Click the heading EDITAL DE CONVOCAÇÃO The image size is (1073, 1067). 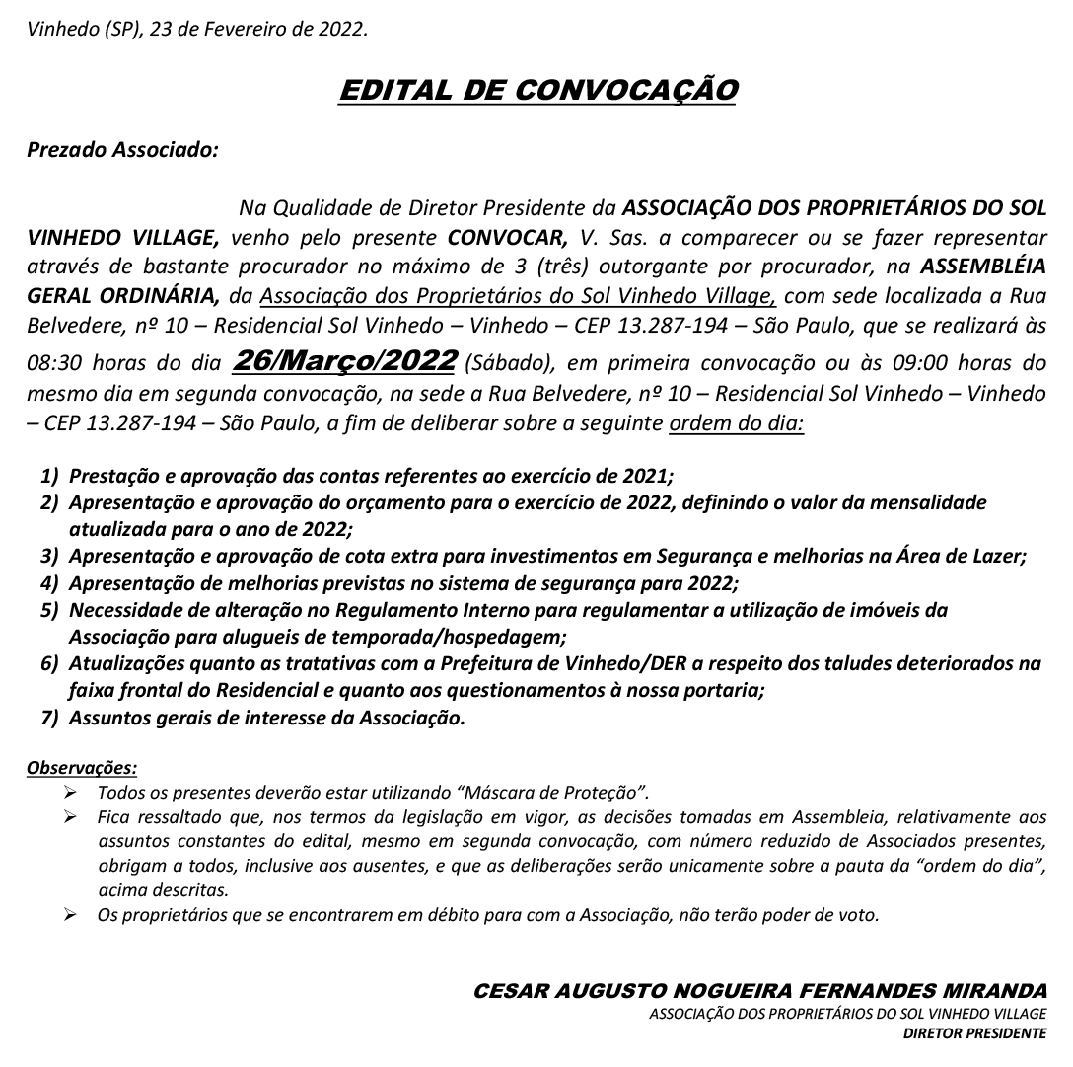tap(536, 90)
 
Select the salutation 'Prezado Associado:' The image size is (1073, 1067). tap(121, 152)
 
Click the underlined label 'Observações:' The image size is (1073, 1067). tap(82, 767)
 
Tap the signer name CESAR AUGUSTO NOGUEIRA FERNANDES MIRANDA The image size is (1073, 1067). tap(760, 990)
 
